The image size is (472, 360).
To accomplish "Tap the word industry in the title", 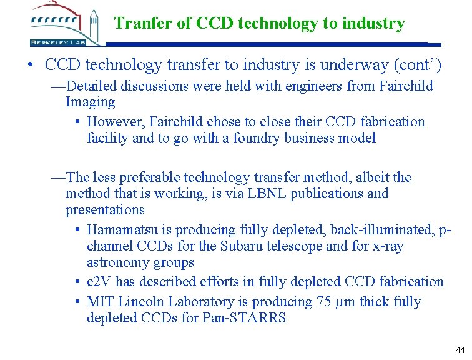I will (373, 24).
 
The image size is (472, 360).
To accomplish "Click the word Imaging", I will (91, 102).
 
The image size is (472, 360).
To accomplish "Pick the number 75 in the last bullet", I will (325, 302).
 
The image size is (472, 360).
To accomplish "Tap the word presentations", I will (105, 210).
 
